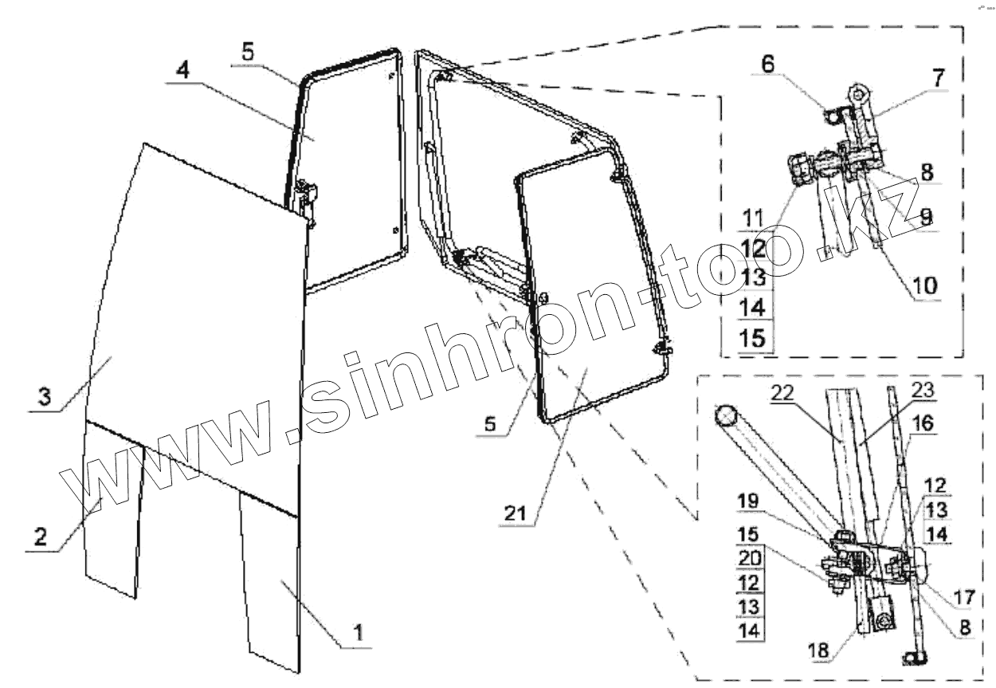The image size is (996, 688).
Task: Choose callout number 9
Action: [x=924, y=214]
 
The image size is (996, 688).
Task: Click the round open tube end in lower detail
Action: [x=725, y=417]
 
